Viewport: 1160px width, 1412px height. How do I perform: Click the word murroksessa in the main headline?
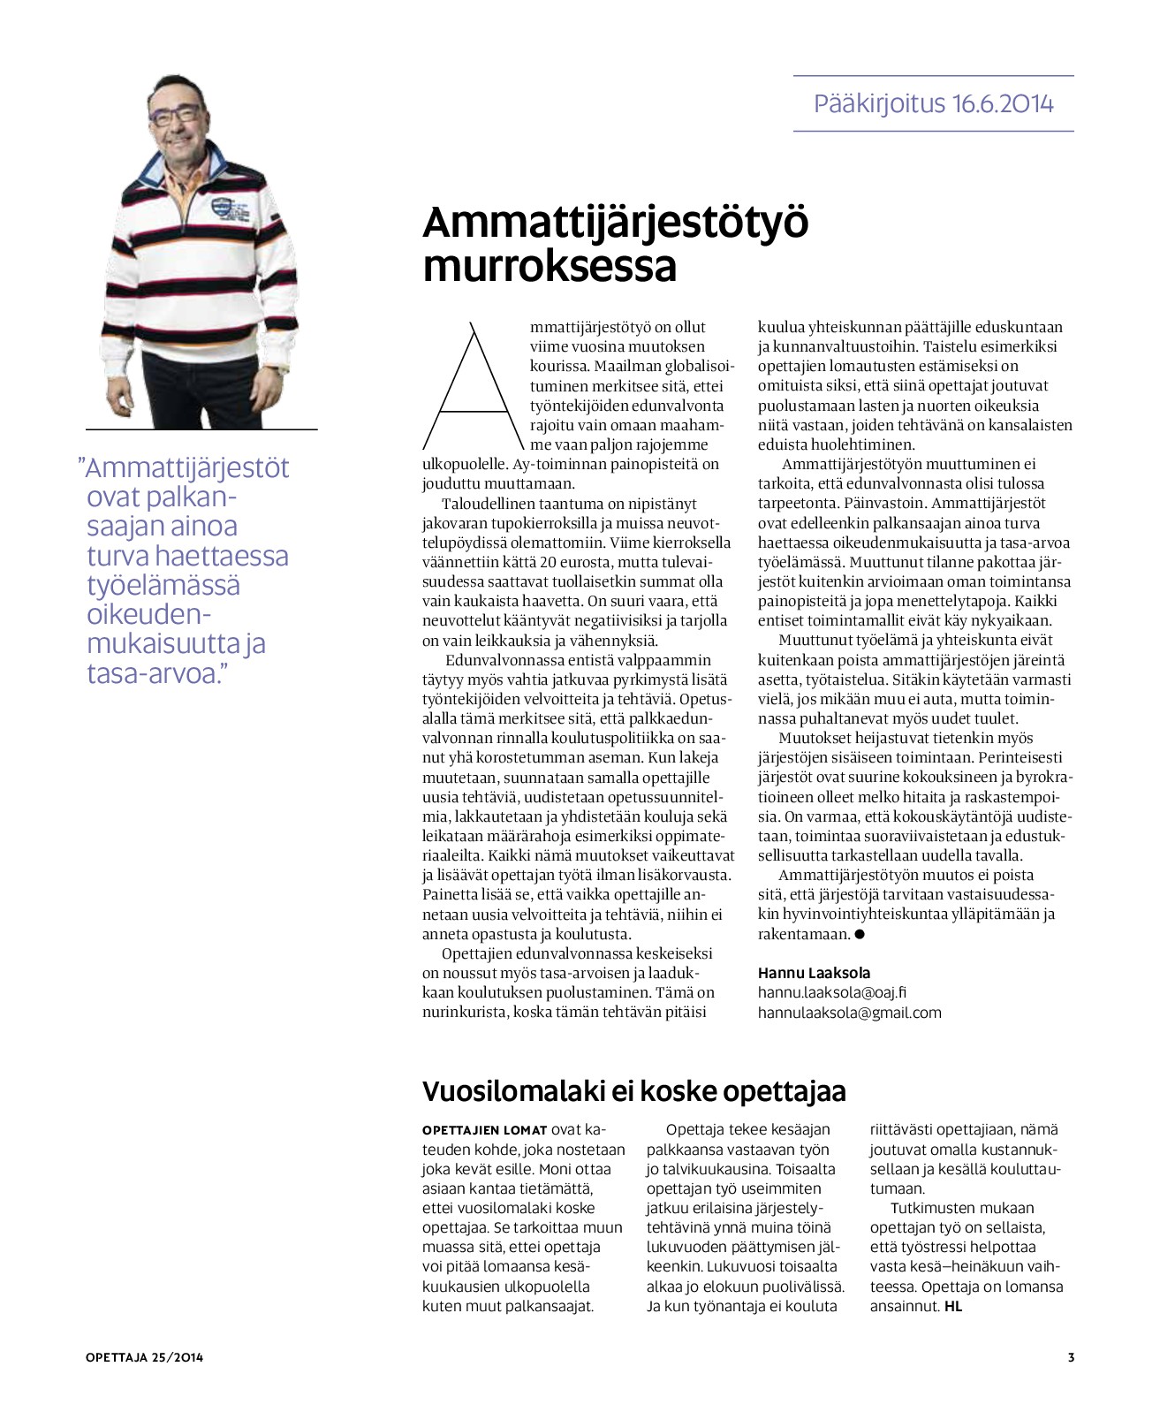[550, 266]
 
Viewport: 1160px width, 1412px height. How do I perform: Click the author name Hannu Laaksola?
[814, 973]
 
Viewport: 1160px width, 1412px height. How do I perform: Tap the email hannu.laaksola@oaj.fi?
[832, 992]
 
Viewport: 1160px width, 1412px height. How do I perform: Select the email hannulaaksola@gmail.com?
[849, 1013]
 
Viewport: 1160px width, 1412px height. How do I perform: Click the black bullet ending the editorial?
[860, 934]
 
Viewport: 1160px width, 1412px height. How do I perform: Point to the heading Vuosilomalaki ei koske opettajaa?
[633, 1091]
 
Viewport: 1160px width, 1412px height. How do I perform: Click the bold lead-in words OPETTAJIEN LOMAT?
[484, 1130]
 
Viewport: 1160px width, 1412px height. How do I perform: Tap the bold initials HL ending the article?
[952, 1306]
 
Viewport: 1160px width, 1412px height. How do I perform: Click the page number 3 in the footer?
[1071, 1357]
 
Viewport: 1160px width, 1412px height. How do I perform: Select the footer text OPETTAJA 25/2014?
[145, 1357]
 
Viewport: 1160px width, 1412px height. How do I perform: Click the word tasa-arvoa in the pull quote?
[153, 674]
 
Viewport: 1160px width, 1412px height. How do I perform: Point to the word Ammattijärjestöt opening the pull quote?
[187, 467]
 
